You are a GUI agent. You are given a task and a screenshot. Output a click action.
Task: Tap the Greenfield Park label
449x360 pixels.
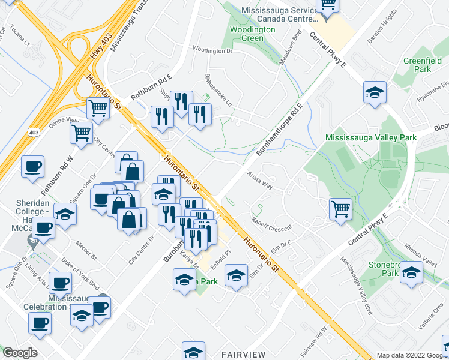418,65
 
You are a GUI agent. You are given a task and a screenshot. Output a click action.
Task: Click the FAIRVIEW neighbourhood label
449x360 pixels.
243,355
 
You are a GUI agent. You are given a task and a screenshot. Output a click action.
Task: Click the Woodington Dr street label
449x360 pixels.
212,51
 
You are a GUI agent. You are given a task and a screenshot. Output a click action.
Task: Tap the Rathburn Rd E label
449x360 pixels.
152,85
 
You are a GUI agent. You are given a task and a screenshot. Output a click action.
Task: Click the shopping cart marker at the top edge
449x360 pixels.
328,5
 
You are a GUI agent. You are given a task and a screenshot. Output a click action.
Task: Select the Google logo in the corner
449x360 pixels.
19,353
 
